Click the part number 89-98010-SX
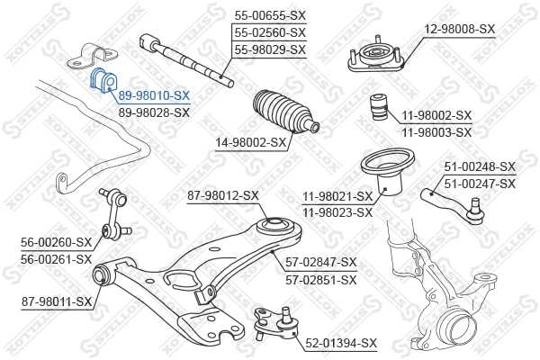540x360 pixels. pos(154,94)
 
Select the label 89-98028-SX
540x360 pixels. pos(154,112)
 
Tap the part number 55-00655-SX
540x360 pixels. pos(270,15)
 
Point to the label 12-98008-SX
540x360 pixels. pos(460,29)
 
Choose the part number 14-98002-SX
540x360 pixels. pos(251,141)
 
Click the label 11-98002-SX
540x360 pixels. pos(436,115)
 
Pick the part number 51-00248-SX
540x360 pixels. pos(480,166)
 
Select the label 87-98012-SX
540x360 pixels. pos(222,195)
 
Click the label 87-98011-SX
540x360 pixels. pos(58,301)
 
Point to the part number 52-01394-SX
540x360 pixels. pos(341,343)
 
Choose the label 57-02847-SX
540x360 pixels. pos(321,262)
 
